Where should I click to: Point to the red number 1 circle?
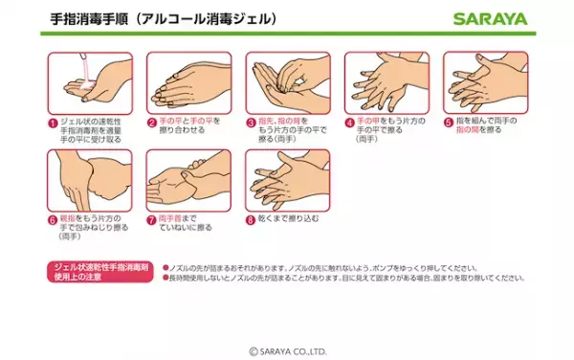coord(53,122)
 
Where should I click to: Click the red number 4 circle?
coord(349,122)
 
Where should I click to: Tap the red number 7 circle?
coord(151,219)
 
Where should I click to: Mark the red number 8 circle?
coord(251,219)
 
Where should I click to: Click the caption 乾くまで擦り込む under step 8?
coord(286,219)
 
